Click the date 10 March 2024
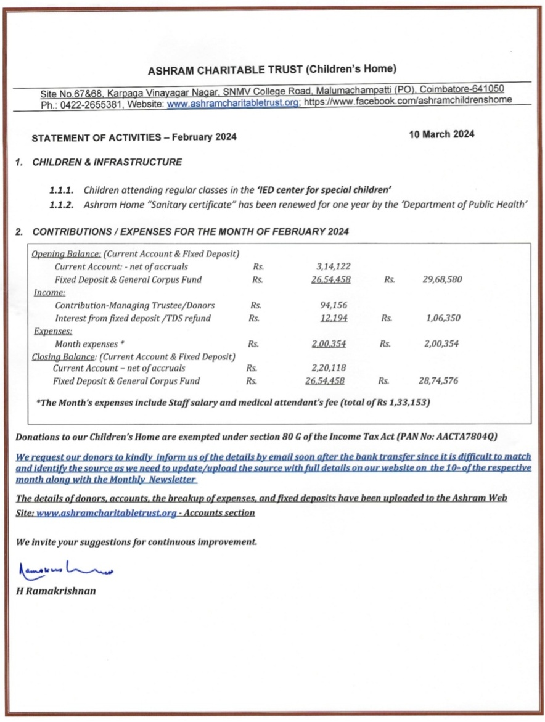(x=441, y=134)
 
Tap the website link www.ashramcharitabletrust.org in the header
(x=233, y=104)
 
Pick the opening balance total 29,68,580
(x=442, y=280)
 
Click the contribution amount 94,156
(x=335, y=305)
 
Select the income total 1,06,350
(x=442, y=318)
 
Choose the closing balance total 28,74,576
(x=437, y=381)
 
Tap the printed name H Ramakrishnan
(x=56, y=591)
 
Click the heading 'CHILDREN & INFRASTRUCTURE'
(x=107, y=162)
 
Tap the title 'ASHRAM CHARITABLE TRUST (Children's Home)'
(x=272, y=68)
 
